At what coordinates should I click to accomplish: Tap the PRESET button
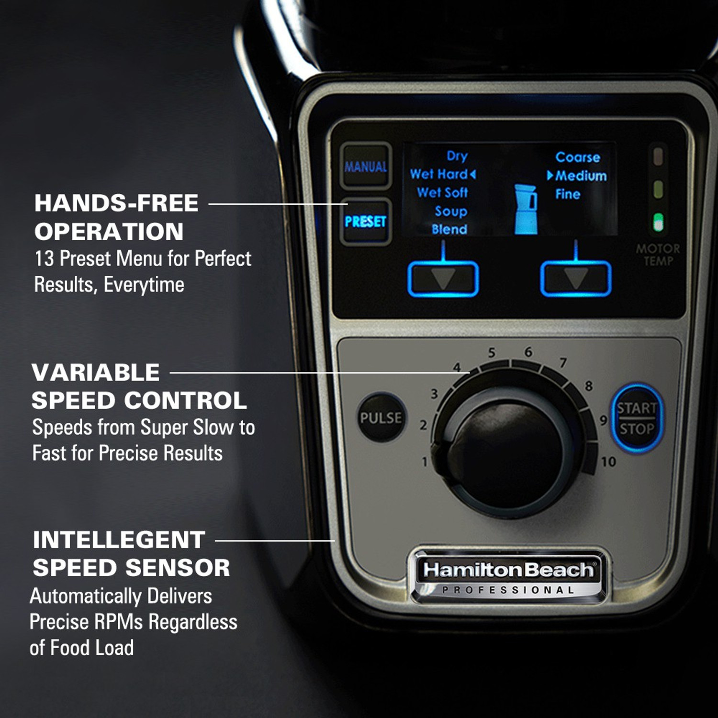pos(366,222)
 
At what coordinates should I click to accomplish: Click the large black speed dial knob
pos(508,452)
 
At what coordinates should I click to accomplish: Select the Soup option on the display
pos(451,211)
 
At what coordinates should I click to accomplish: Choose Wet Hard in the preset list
pos(439,174)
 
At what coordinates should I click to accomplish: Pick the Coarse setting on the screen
pos(578,157)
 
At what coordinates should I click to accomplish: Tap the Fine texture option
pos(568,194)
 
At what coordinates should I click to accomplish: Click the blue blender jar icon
pos(526,210)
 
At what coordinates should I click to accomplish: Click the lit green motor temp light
pos(659,223)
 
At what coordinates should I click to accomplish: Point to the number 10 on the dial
pos(608,462)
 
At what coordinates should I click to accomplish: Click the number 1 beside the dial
pos(424,462)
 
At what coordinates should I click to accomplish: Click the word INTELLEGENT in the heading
pos(119,540)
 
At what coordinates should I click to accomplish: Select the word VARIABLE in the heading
pos(96,372)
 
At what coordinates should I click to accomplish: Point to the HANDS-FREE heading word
pos(116,203)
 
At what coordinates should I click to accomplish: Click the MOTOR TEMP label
pos(658,255)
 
